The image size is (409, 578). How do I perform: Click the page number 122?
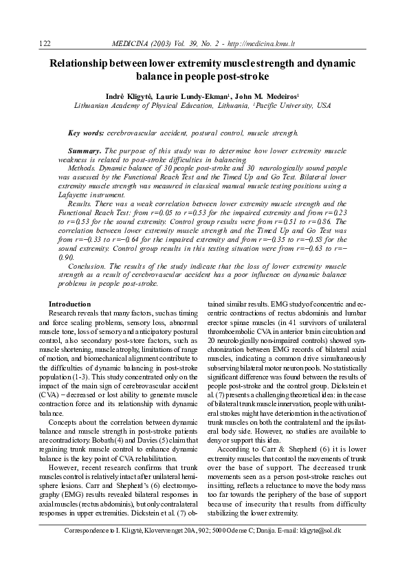[46, 43]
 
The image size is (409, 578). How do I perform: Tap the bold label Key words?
[86, 132]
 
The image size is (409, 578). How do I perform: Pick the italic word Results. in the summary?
[83, 204]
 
